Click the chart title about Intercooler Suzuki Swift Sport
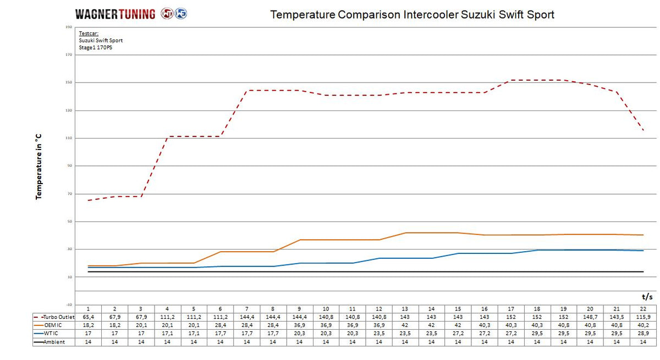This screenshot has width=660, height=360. pos(412,15)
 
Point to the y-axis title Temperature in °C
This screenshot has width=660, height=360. pos(39,167)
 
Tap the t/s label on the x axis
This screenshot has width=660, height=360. pos(647,296)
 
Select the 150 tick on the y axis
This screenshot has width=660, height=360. pos(69,82)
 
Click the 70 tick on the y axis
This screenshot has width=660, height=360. pos(69,194)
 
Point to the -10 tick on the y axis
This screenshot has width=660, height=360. pos(68,304)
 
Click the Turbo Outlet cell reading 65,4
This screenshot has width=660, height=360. pos(88,317)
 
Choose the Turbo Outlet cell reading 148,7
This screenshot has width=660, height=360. pos(590,317)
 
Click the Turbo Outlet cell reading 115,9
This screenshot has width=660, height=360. pos(642,317)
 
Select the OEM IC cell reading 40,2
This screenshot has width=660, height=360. pos(642,325)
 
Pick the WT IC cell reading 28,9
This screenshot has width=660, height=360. pos(642,333)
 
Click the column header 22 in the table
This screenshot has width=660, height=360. pos(642,309)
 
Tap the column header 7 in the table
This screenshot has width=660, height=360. pos(246,309)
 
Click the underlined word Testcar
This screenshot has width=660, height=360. pos(89,34)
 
